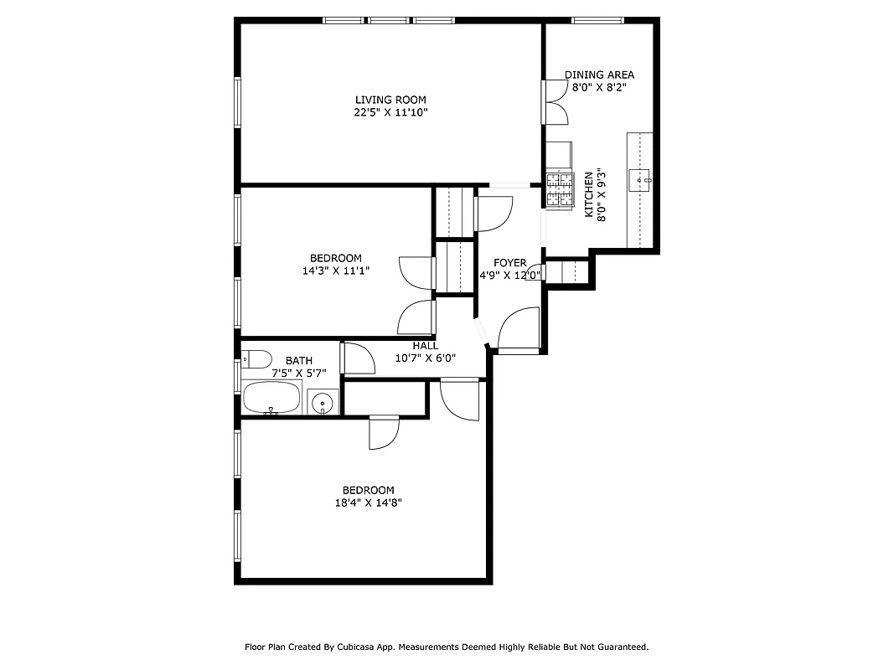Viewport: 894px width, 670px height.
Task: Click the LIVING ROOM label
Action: [390, 100]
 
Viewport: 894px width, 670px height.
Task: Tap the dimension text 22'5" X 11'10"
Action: [390, 112]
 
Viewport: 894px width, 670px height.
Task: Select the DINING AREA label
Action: [599, 75]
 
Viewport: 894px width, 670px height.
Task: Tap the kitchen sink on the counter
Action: [643, 179]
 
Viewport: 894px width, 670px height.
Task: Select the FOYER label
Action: [509, 263]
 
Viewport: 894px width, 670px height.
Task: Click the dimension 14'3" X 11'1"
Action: [335, 271]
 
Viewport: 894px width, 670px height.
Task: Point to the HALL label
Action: [425, 346]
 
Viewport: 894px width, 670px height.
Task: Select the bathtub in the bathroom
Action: [271, 398]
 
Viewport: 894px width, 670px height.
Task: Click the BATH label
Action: [298, 361]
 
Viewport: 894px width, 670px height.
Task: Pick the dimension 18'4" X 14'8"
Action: [367, 502]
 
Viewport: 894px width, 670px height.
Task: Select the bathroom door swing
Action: [359, 359]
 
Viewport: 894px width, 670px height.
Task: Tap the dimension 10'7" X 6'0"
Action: [425, 358]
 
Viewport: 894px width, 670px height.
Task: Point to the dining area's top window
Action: [597, 19]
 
